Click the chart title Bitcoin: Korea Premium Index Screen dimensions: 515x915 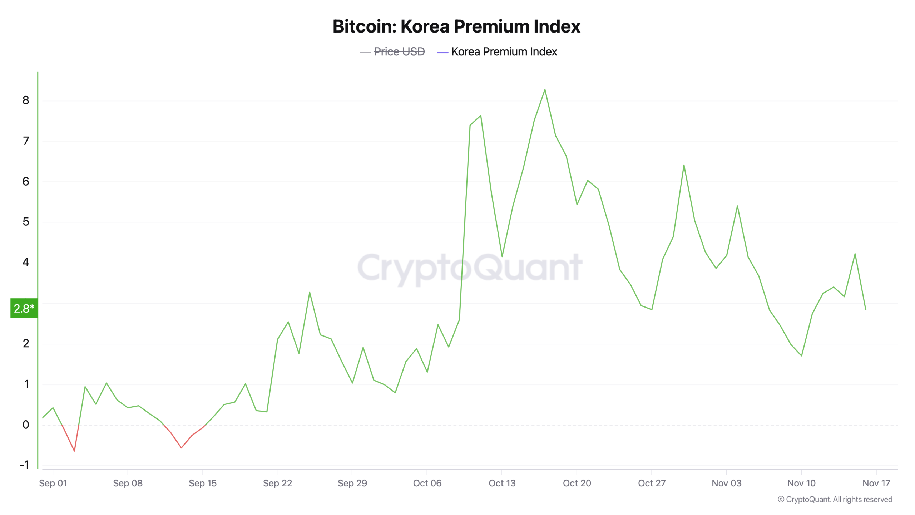[456, 26]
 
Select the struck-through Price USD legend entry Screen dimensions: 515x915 [399, 52]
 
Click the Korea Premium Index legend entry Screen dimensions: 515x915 [504, 52]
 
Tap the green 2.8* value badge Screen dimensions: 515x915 [24, 308]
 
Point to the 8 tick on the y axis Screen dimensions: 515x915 [26, 100]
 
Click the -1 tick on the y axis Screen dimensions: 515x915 [24, 465]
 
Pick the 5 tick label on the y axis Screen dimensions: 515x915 [26, 222]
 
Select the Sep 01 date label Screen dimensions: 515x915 [53, 483]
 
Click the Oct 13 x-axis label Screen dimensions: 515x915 [502, 483]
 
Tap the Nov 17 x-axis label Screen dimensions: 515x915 [876, 483]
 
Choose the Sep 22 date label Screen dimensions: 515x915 [277, 483]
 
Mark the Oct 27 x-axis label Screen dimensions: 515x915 [652, 483]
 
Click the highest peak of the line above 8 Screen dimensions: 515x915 [545, 90]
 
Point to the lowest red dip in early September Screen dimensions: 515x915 [74, 451]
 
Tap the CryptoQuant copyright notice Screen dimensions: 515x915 [835, 499]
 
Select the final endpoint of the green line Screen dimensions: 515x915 [866, 309]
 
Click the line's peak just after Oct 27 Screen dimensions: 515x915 [684, 165]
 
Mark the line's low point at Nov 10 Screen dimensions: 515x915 [802, 356]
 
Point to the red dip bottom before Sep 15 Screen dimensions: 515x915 [181, 448]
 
